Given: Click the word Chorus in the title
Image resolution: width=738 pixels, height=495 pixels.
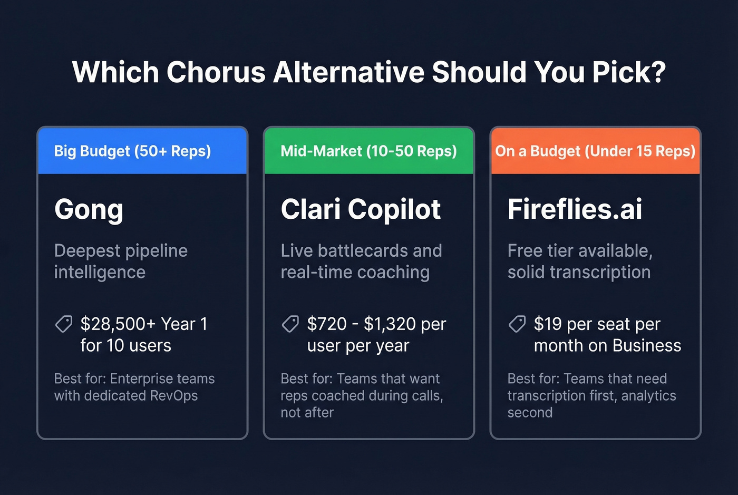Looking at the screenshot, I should (x=216, y=72).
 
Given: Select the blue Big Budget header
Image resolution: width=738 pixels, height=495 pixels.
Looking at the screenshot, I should (x=142, y=151).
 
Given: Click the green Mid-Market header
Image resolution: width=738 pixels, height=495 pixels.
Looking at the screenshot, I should (x=368, y=151).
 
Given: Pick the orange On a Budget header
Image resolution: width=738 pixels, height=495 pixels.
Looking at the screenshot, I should (x=595, y=151).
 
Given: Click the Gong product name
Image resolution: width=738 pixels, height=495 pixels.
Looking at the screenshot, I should (x=89, y=210).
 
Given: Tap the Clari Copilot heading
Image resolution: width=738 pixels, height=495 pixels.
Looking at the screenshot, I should (x=361, y=210).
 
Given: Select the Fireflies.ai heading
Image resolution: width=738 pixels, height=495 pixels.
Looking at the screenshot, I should (x=575, y=210).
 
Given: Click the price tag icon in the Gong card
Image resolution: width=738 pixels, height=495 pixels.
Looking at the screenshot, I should (x=64, y=324).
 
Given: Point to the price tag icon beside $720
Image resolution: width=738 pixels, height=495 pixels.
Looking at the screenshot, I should (x=290, y=324).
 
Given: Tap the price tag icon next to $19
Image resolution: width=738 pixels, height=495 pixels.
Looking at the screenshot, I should (x=517, y=324).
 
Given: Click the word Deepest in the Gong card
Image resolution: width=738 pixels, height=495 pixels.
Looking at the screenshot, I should (x=87, y=251).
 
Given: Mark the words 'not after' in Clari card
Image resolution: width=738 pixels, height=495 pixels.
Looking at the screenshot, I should (x=307, y=413).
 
